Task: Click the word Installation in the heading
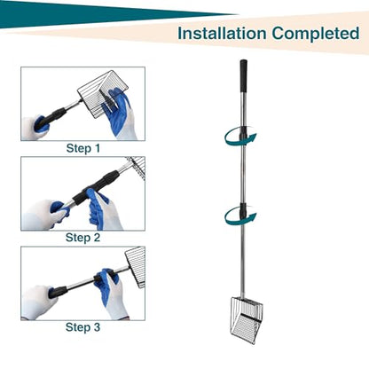point(222,34)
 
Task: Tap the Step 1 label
point(83,148)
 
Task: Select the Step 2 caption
point(82,238)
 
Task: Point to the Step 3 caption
point(82,327)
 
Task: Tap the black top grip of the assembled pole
point(243,76)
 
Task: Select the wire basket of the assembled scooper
point(247,320)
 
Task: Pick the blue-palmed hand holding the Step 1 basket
point(118,114)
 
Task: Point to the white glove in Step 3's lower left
point(38,302)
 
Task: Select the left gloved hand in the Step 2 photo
point(44,215)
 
